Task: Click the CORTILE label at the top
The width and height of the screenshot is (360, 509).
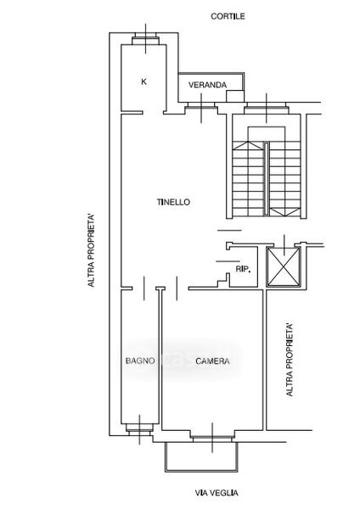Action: [x=228, y=16]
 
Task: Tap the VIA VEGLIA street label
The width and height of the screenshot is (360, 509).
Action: [x=217, y=493]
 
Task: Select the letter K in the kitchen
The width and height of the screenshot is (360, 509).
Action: [x=144, y=81]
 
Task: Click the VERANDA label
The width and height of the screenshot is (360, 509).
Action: [x=207, y=85]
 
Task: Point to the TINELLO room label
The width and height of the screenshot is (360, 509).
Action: [x=173, y=202]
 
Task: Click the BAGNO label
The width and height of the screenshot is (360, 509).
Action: [x=140, y=361]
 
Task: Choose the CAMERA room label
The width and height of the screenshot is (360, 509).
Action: [x=212, y=361]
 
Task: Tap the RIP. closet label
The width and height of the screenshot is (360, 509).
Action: [x=243, y=269]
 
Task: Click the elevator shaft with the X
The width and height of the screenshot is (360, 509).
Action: [x=284, y=267]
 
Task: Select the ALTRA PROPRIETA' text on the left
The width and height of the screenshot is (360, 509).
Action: [x=92, y=250]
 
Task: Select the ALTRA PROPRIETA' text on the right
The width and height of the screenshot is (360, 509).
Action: [x=290, y=360]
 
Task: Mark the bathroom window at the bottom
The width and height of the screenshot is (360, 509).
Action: [x=139, y=429]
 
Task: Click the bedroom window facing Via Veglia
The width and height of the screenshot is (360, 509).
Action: [x=212, y=437]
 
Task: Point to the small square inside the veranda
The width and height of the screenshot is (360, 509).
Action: [x=235, y=96]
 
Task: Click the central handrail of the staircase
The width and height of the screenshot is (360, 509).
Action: [x=266, y=179]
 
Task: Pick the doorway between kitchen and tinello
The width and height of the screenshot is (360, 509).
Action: [x=153, y=113]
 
